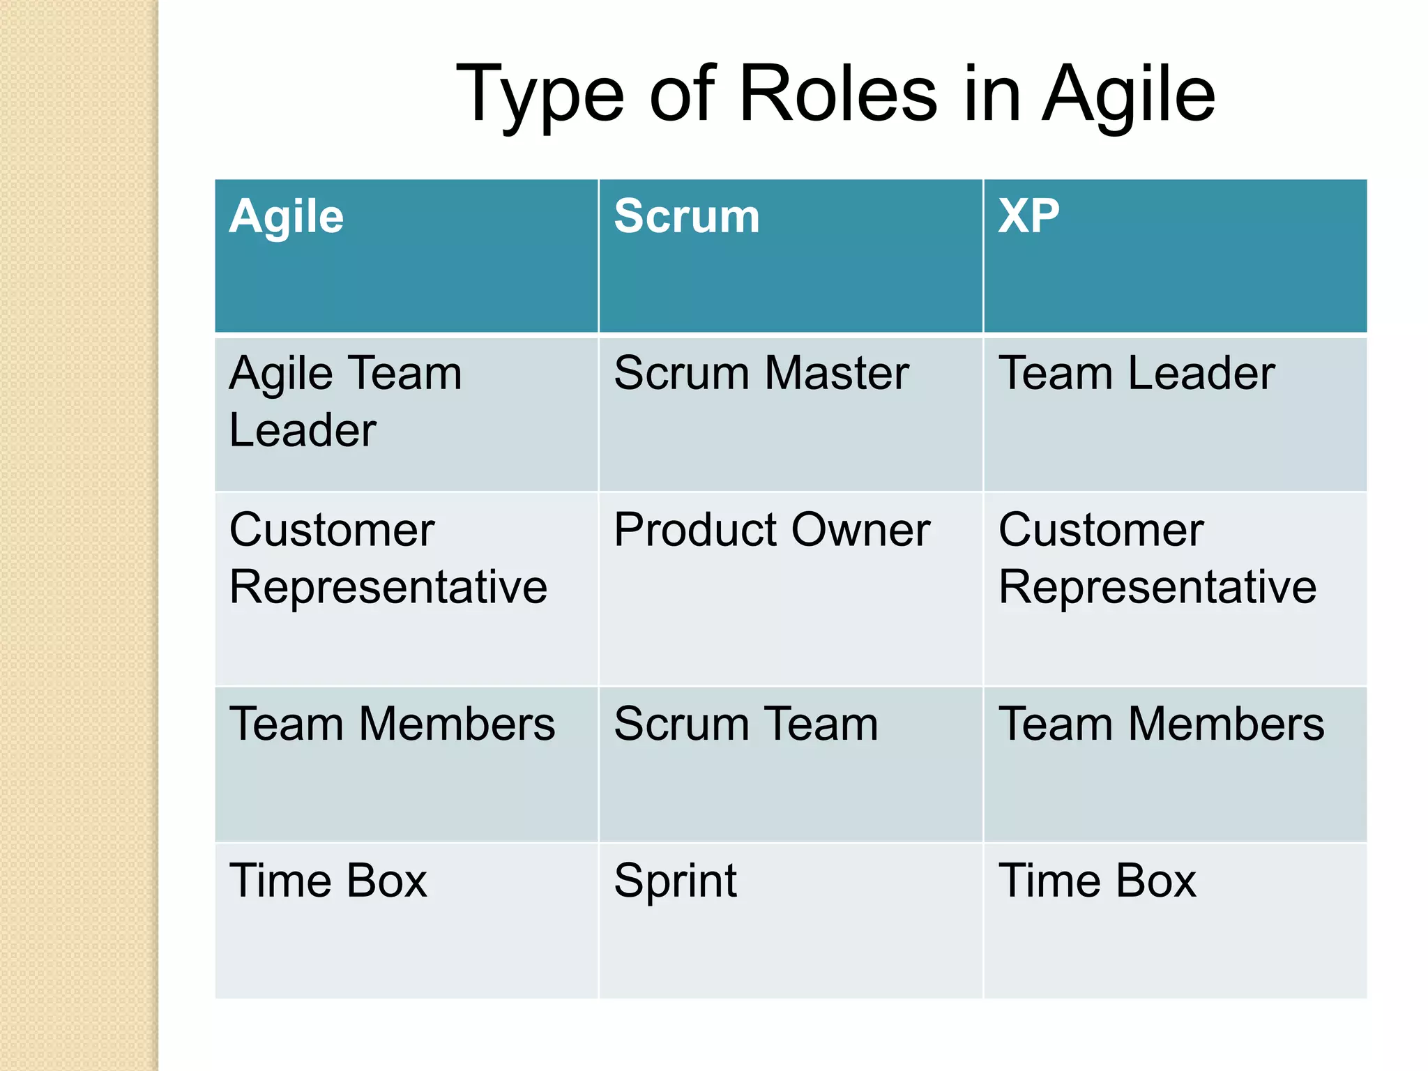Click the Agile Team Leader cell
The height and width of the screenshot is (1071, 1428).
(x=345, y=402)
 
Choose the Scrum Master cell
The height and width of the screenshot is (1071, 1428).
(x=761, y=373)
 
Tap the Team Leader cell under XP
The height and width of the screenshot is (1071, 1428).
(x=1137, y=373)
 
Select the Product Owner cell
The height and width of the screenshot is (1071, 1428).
(x=772, y=530)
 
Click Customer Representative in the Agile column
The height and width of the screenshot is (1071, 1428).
(x=388, y=558)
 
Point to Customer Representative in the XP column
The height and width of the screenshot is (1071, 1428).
(x=1157, y=558)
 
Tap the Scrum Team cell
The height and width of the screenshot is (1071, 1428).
(x=746, y=724)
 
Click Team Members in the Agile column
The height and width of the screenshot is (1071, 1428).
(x=393, y=724)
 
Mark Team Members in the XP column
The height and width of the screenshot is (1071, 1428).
(x=1162, y=724)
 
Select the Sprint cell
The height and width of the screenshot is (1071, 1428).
(x=675, y=881)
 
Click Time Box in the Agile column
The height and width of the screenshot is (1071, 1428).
(x=328, y=881)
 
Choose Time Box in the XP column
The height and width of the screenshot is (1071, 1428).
(x=1097, y=881)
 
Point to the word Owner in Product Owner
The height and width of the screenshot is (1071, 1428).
(x=860, y=530)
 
